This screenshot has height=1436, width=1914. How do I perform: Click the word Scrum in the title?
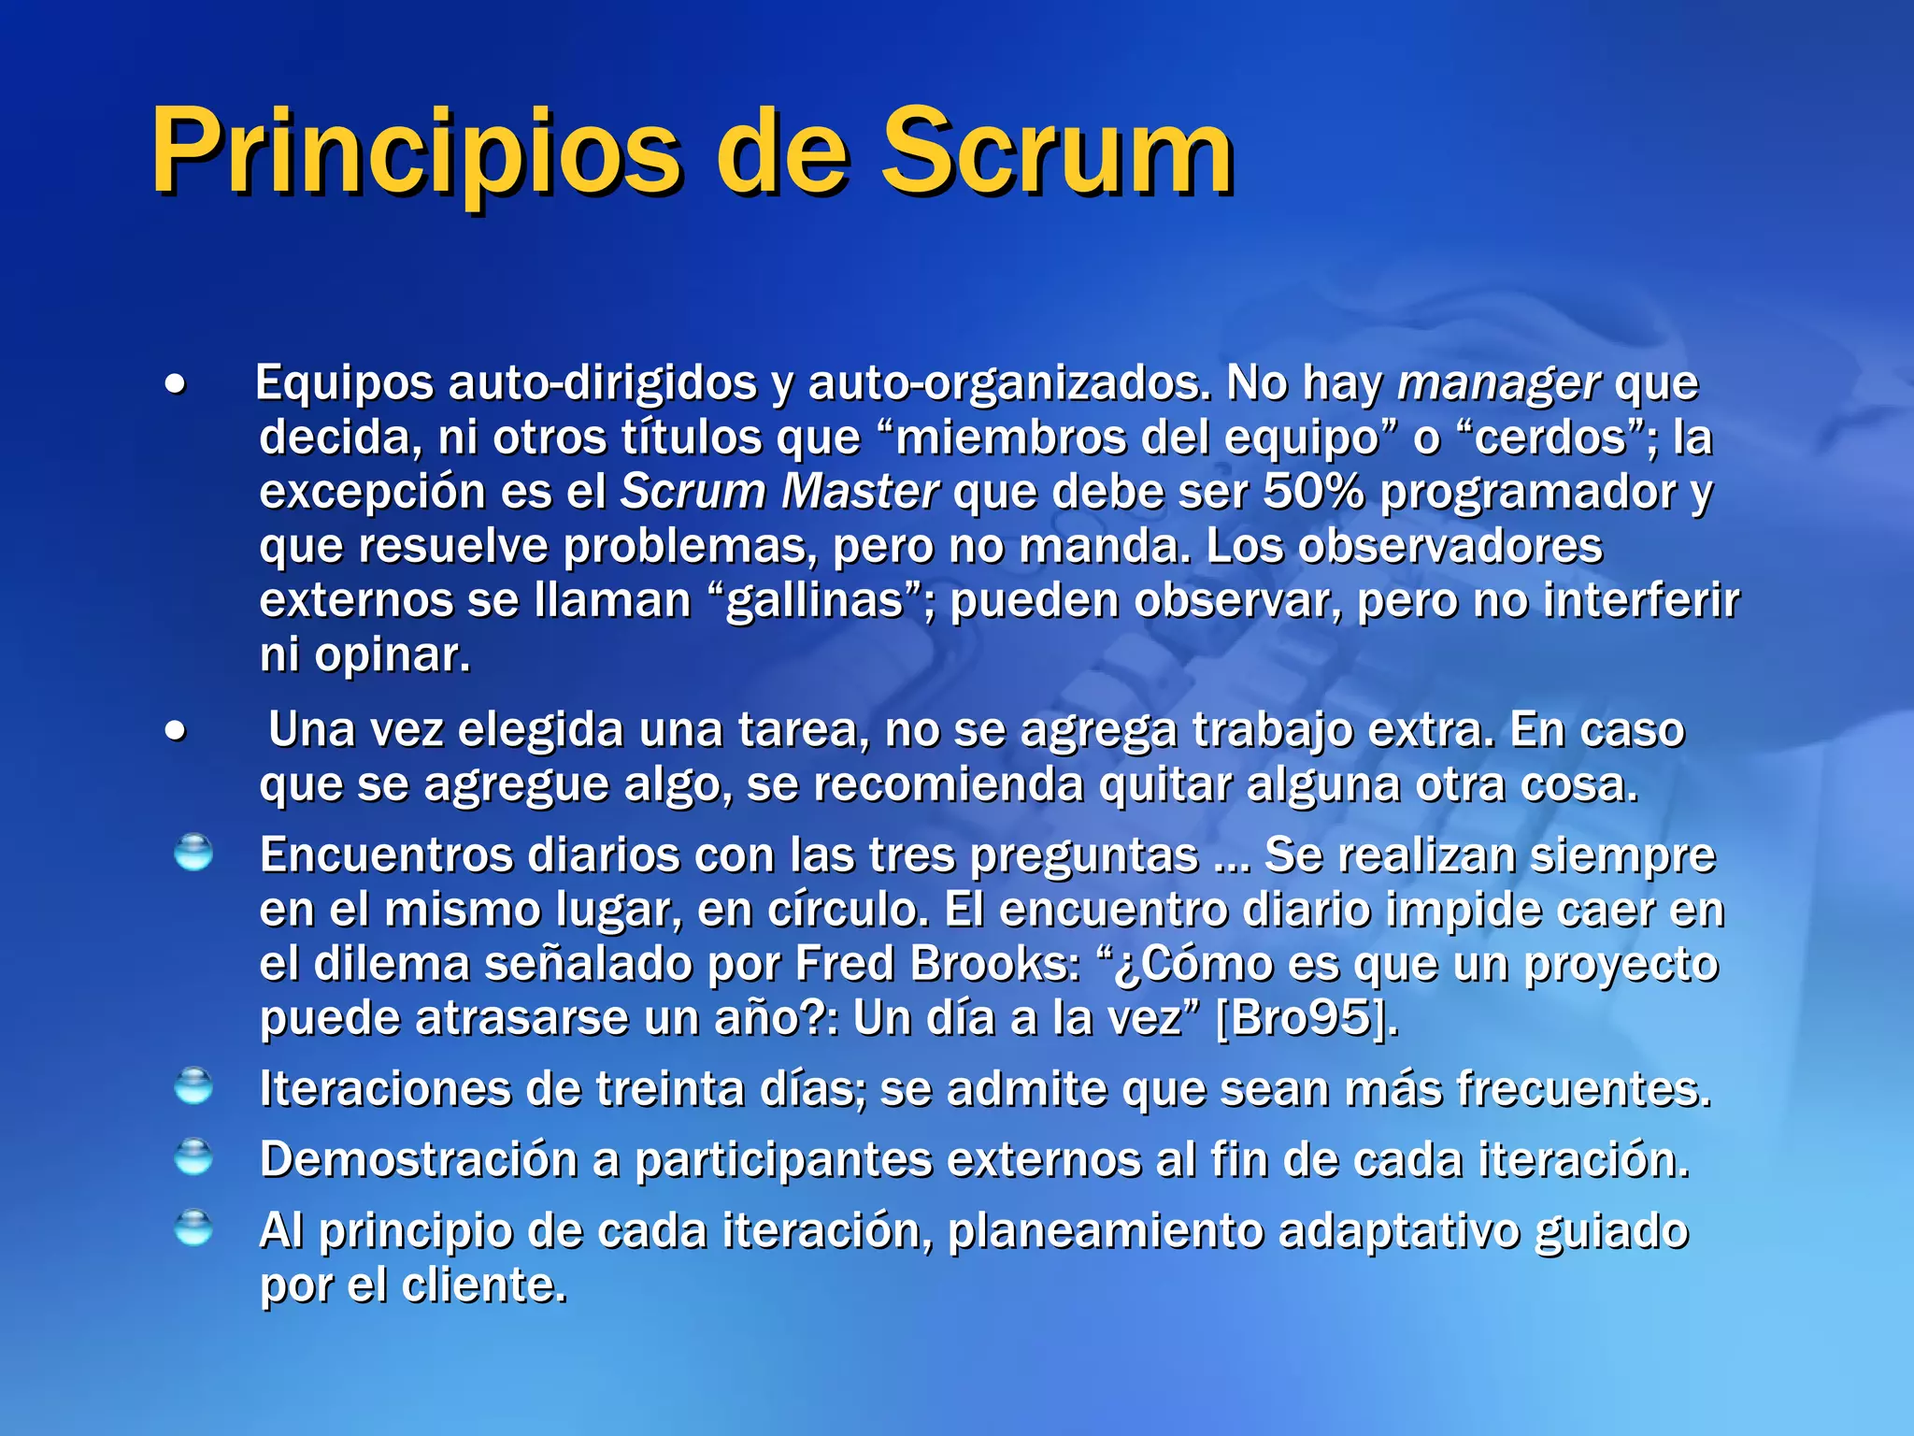pyautogui.click(x=1058, y=151)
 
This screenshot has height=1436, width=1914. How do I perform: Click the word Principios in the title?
pyautogui.click(x=416, y=151)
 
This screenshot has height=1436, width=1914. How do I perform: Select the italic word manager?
pyautogui.click(x=1498, y=383)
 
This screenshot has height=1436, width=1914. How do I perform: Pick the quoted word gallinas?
pyautogui.click(x=815, y=600)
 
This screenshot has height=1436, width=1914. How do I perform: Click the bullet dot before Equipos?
pyautogui.click(x=175, y=384)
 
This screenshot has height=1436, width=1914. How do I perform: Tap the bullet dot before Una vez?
pyautogui.click(x=175, y=731)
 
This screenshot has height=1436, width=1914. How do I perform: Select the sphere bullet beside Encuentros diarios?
pyautogui.click(x=193, y=853)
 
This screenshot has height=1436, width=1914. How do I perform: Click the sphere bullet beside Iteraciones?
pyautogui.click(x=193, y=1086)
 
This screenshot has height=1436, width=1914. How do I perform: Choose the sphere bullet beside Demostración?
pyautogui.click(x=193, y=1157)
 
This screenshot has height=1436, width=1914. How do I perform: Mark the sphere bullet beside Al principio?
pyautogui.click(x=193, y=1228)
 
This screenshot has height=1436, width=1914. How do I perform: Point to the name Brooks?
pyautogui.click(x=995, y=964)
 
